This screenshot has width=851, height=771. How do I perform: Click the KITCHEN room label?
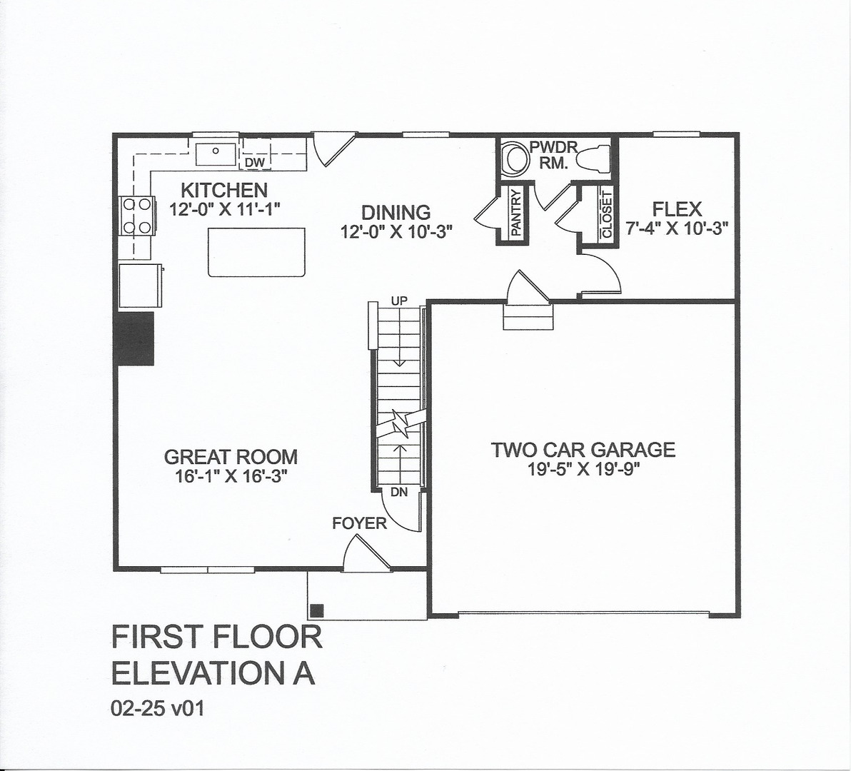click(x=224, y=191)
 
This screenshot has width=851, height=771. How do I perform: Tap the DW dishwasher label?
click(x=255, y=163)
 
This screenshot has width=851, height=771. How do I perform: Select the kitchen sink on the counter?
click(x=215, y=152)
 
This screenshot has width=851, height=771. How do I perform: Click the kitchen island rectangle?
click(x=257, y=251)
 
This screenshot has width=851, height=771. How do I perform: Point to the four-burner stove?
click(x=137, y=216)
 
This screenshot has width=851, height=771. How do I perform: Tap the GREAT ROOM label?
click(x=231, y=457)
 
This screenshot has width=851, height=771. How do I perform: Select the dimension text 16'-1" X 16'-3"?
click(x=231, y=476)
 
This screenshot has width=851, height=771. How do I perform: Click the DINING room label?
click(x=396, y=212)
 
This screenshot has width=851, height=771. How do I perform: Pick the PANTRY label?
click(x=516, y=213)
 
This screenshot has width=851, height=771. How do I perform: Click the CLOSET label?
click(x=607, y=214)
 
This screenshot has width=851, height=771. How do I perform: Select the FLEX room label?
click(x=677, y=209)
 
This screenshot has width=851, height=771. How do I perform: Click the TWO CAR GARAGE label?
click(x=583, y=450)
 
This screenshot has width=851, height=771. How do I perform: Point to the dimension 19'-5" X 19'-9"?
click(x=583, y=469)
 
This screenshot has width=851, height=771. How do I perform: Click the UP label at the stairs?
click(x=399, y=301)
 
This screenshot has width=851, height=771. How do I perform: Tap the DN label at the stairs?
click(x=399, y=492)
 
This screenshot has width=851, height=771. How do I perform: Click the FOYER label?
click(x=359, y=523)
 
